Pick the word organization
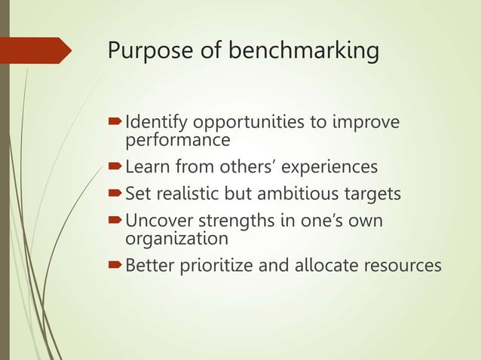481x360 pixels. click(175, 239)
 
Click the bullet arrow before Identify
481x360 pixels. click(115, 122)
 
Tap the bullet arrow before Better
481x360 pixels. click(115, 266)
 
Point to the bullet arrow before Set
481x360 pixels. click(115, 194)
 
